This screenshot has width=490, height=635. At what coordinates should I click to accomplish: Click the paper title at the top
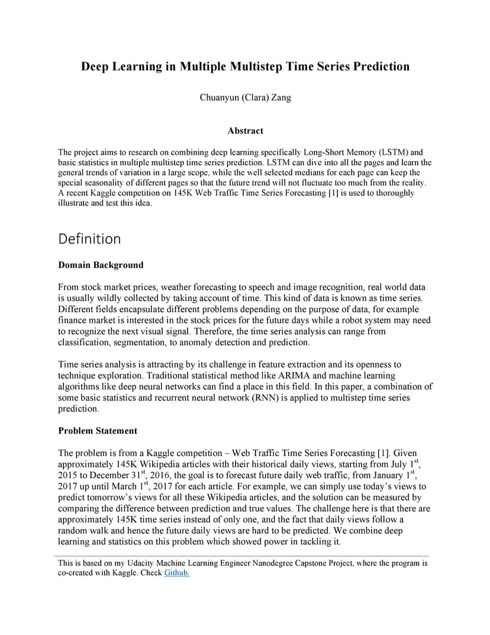(x=245, y=66)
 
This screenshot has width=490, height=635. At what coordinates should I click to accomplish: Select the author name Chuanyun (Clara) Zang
(x=245, y=98)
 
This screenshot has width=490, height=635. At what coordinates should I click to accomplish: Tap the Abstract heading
(x=245, y=131)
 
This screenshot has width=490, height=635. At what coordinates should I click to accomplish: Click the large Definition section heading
(x=89, y=239)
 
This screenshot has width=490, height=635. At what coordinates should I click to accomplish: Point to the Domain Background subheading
(x=101, y=265)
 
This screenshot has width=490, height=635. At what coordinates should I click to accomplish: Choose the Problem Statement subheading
(x=98, y=431)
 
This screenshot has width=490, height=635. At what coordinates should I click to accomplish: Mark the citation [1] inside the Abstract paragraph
(x=332, y=193)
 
